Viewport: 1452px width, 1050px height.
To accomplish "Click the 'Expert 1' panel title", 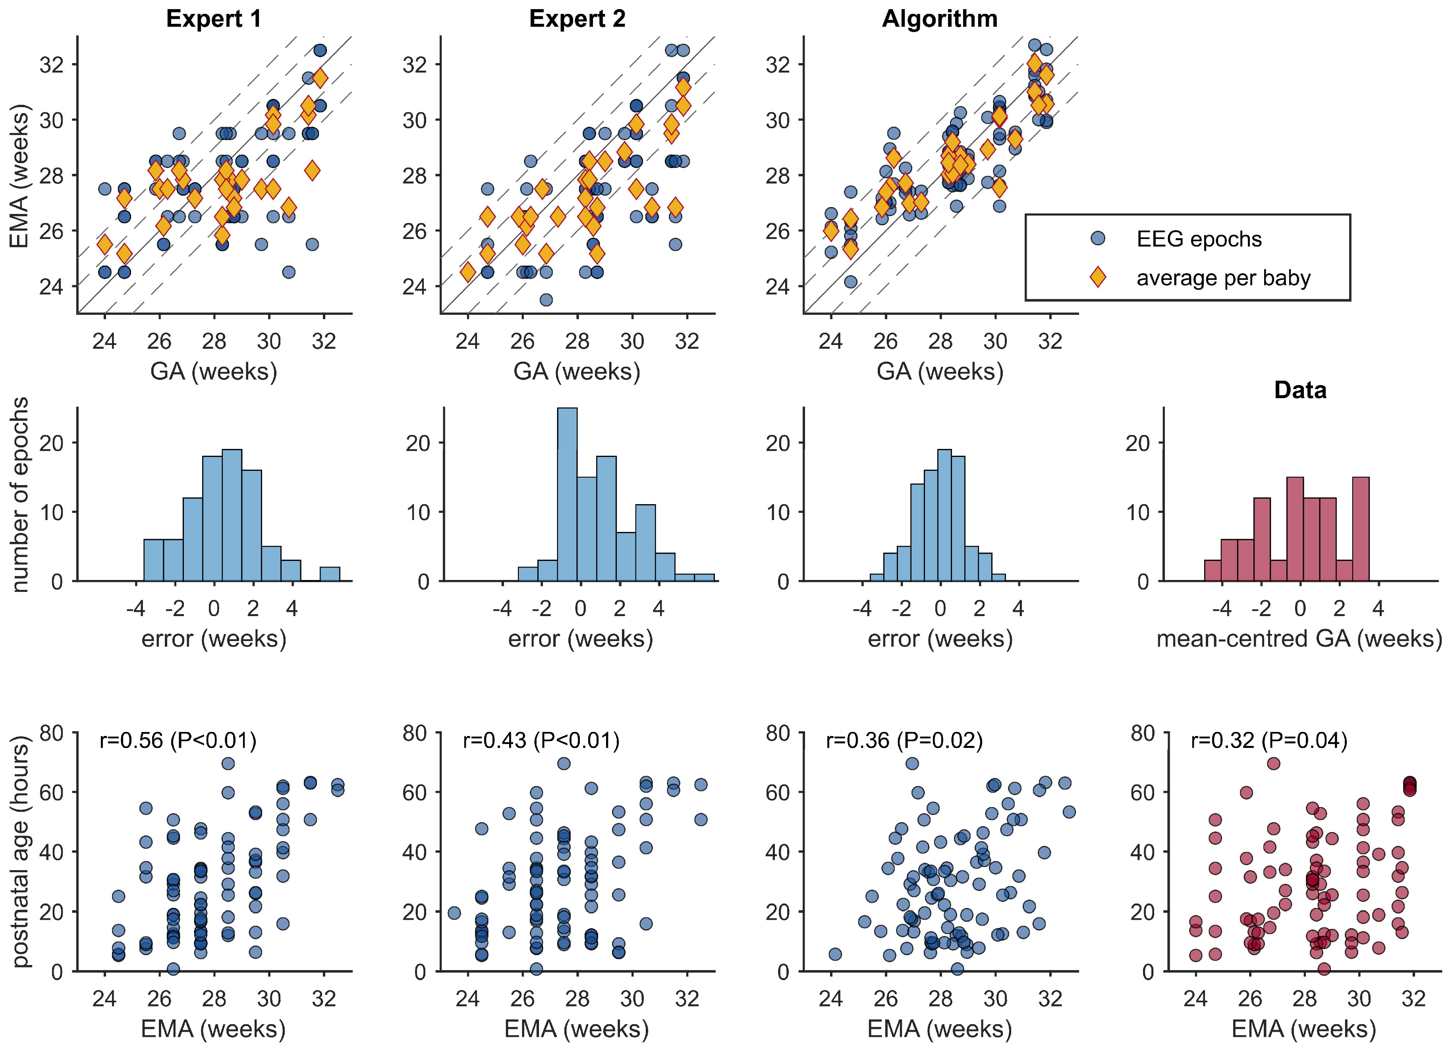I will [214, 19].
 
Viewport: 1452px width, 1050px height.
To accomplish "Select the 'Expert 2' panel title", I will [577, 19].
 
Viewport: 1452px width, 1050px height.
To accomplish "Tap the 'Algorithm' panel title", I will [939, 19].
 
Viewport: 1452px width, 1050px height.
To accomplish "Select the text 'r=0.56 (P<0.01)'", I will [178, 740].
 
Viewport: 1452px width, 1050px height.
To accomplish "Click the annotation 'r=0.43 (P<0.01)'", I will [541, 740].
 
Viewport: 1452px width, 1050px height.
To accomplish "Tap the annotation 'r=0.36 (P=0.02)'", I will [904, 740].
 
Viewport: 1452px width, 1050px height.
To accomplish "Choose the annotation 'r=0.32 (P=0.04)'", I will [1269, 740].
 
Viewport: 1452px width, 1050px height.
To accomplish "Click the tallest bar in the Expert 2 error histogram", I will [567, 494].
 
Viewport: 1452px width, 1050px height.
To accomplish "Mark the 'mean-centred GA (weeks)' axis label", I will [1299, 639].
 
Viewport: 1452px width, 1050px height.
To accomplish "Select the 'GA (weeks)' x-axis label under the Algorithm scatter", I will [939, 371].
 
